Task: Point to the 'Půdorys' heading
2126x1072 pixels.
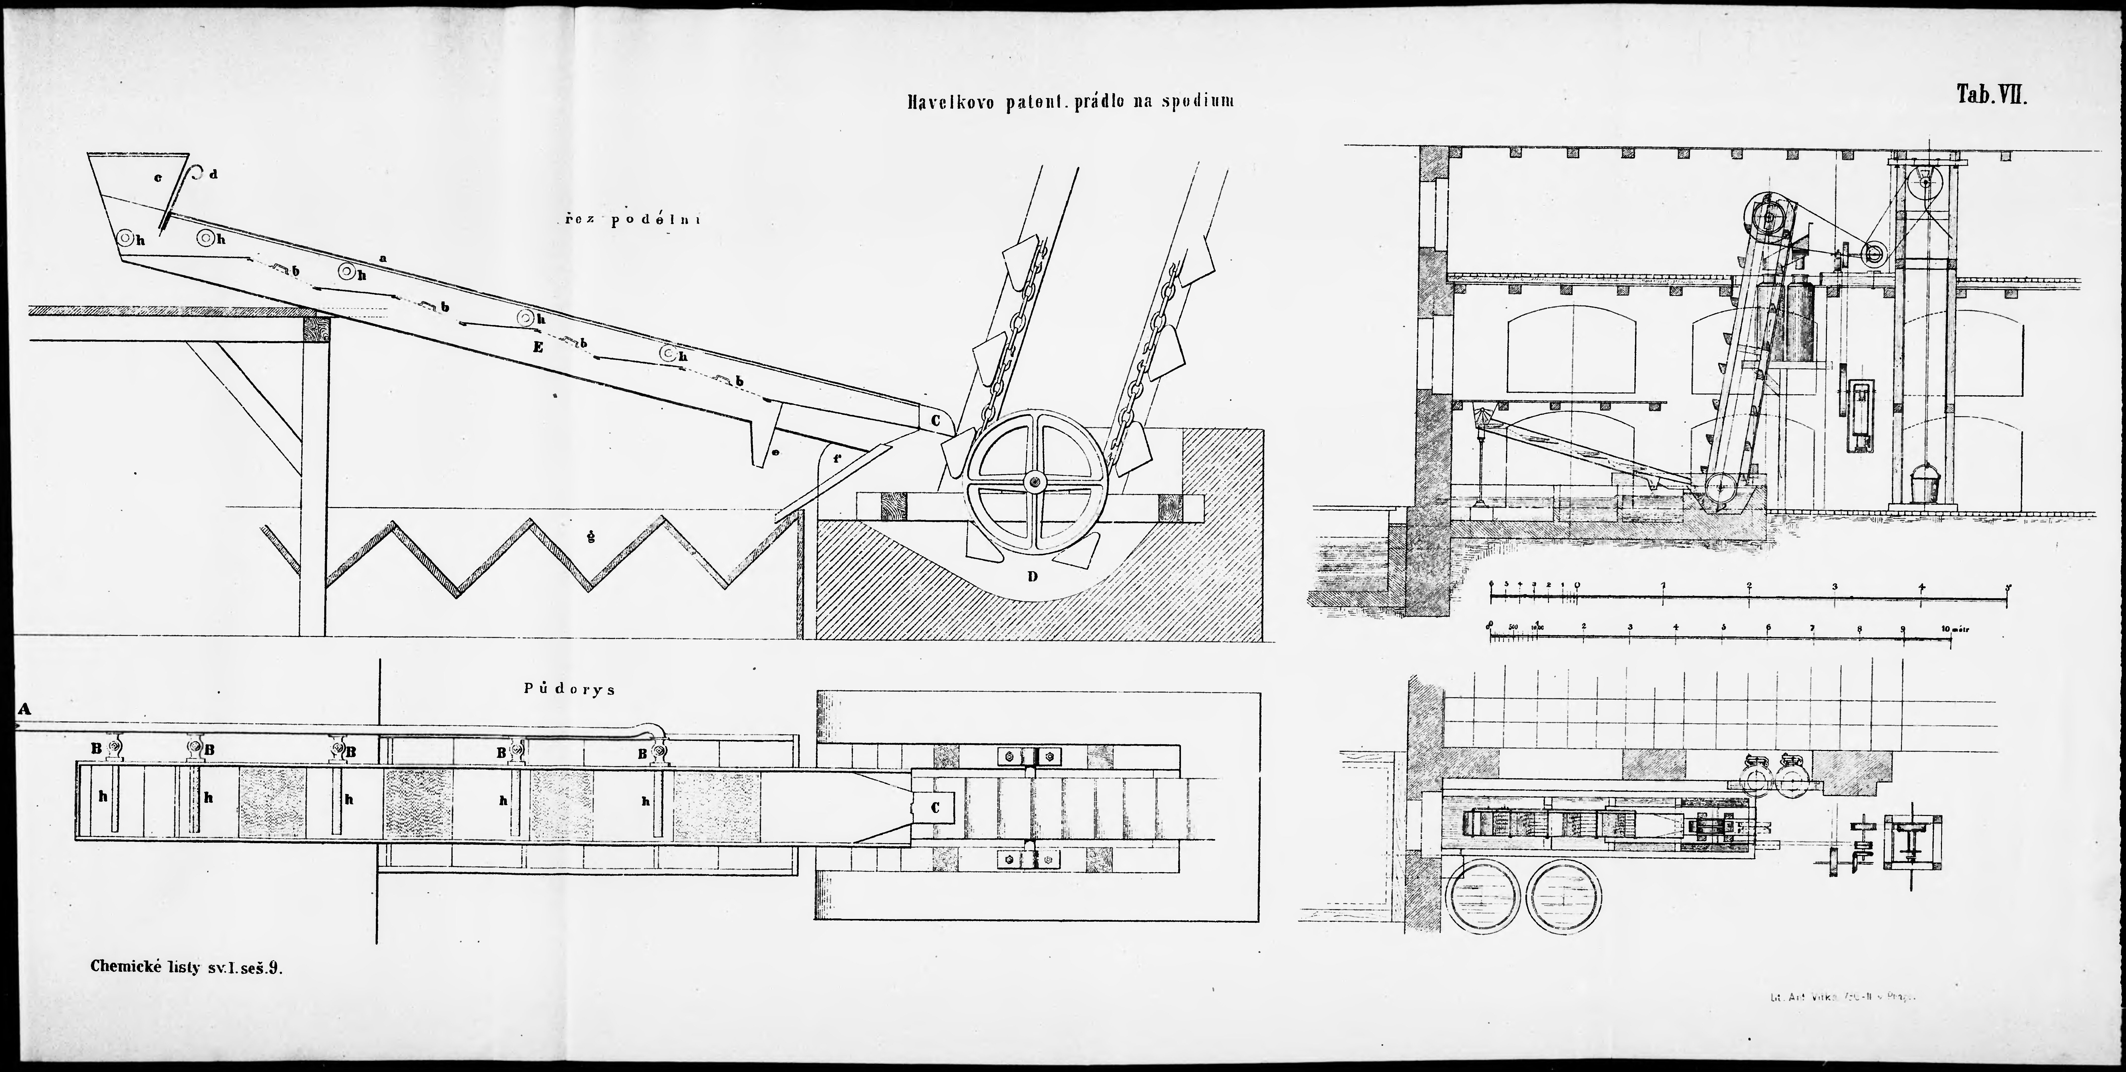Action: (x=569, y=689)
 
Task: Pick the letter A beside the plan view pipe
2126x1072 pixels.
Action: (x=24, y=708)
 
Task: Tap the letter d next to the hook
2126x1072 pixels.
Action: (x=214, y=174)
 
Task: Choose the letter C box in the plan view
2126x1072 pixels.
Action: (x=935, y=807)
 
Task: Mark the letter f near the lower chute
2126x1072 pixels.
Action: (x=837, y=457)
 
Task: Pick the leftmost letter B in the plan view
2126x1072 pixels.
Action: (x=97, y=748)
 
